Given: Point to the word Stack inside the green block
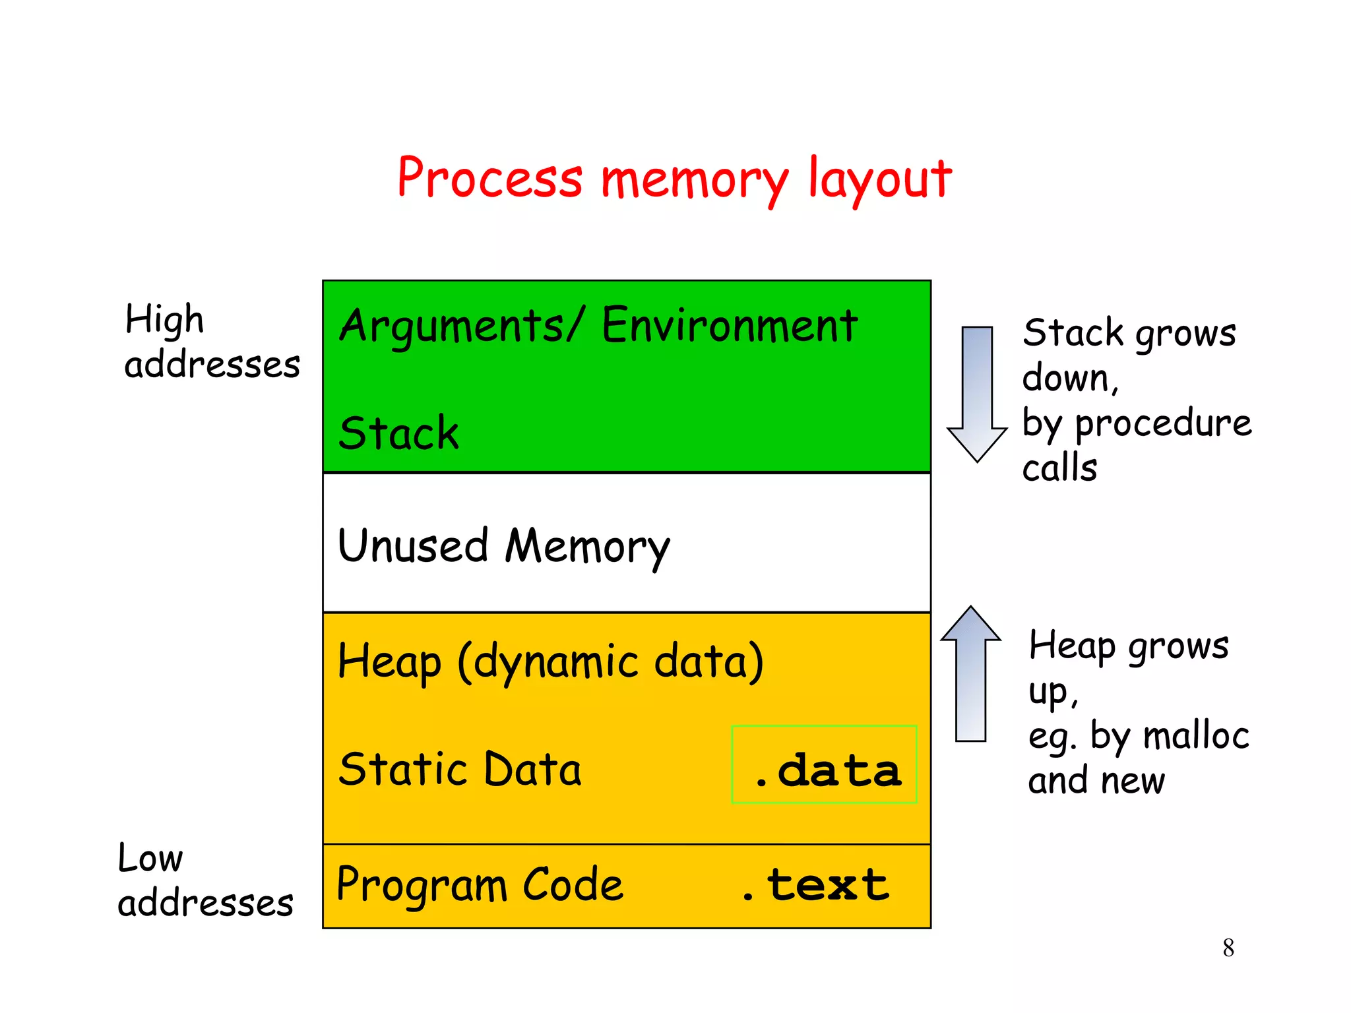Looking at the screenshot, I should pos(398,433).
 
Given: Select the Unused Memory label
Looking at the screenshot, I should pos(504,546).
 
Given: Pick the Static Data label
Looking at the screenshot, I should pos(460,769).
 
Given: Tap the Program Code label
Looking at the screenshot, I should pos(480,884).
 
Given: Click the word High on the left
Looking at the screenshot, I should pos(164,320).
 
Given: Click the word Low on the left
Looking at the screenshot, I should pos(150,858).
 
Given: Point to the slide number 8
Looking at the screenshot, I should pos(1228,948).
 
